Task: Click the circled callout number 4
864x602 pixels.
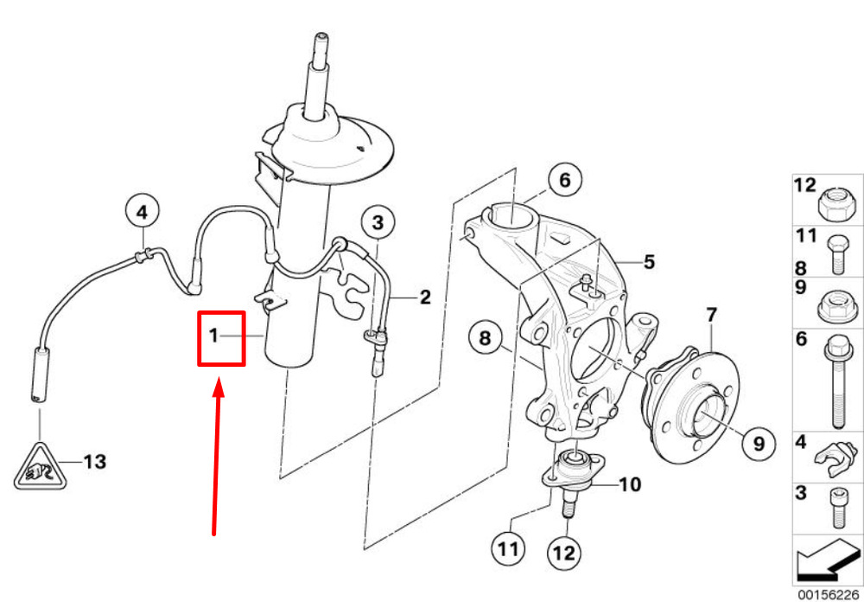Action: tap(143, 212)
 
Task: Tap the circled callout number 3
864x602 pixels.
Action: tap(378, 223)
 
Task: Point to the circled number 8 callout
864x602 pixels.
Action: tap(485, 337)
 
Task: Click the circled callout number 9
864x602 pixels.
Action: tap(758, 443)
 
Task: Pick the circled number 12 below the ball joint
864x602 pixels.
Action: tap(565, 553)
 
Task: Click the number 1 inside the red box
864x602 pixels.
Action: tap(213, 335)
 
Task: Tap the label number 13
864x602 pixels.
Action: tap(94, 462)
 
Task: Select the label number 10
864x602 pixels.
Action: tap(630, 485)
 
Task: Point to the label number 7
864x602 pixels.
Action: tap(711, 316)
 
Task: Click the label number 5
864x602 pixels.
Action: tap(650, 262)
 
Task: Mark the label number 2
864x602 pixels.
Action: tap(425, 298)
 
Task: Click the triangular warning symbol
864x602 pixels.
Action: tap(40, 467)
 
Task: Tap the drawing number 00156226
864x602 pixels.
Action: tap(830, 595)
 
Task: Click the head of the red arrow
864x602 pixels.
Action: tap(219, 387)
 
